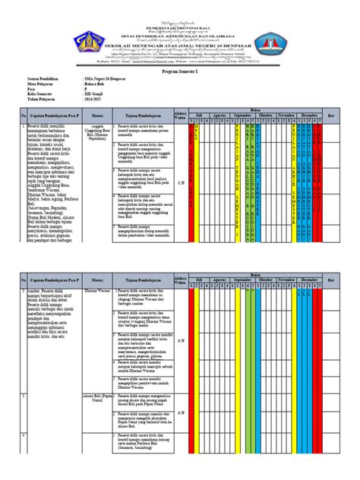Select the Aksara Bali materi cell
(97, 397)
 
